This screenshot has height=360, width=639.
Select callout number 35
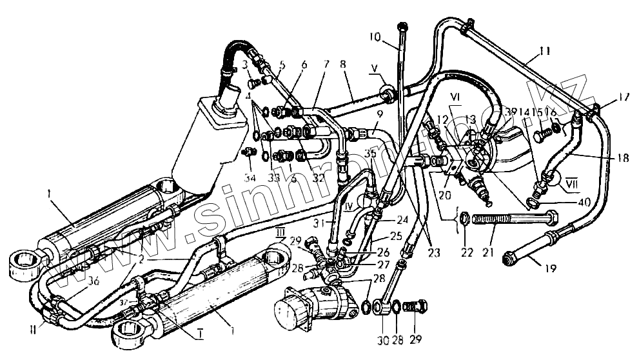point(369,155)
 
